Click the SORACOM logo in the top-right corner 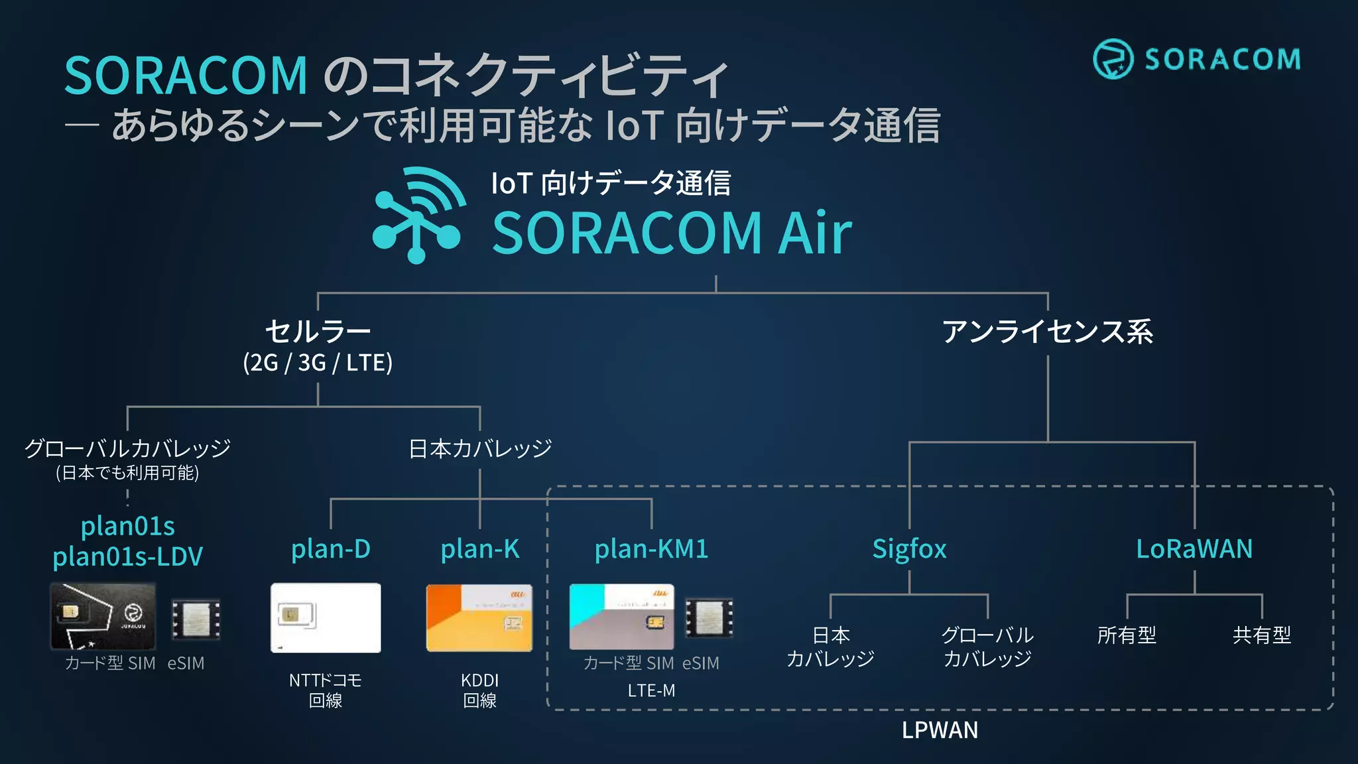pos(1197,59)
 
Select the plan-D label pos(331,549)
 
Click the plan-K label pos(480,549)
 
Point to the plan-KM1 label pos(651,549)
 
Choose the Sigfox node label pos(909,549)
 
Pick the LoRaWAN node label pos(1194,549)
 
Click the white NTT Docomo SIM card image pos(326,617)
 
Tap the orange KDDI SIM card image pos(479,617)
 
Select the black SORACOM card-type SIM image pos(103,616)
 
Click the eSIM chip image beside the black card pos(196,619)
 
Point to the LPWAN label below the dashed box pos(940,730)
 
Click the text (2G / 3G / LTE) pos(318,363)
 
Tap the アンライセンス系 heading pos(1048,332)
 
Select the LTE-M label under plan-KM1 pos(651,690)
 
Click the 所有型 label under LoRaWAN pos(1127,635)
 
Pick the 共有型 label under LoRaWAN pos(1262,635)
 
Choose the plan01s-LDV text pos(127,557)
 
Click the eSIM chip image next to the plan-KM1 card pos(709,617)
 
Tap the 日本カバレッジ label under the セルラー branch pos(480,449)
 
